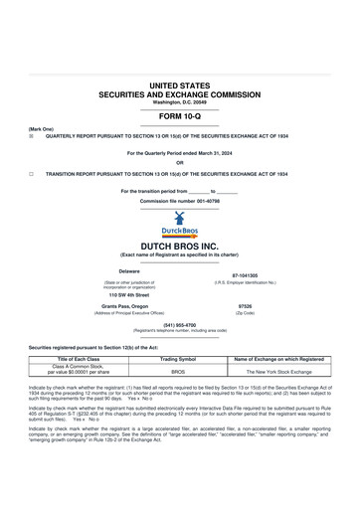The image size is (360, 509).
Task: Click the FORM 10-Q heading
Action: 179,118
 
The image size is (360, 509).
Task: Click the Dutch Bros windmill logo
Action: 179,224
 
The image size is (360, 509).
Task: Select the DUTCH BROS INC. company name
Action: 179,245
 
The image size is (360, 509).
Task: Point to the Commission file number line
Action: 179,201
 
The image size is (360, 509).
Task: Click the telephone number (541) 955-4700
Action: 179,324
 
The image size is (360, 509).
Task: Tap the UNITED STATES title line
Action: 179,87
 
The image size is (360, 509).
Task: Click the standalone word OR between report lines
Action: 179,163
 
